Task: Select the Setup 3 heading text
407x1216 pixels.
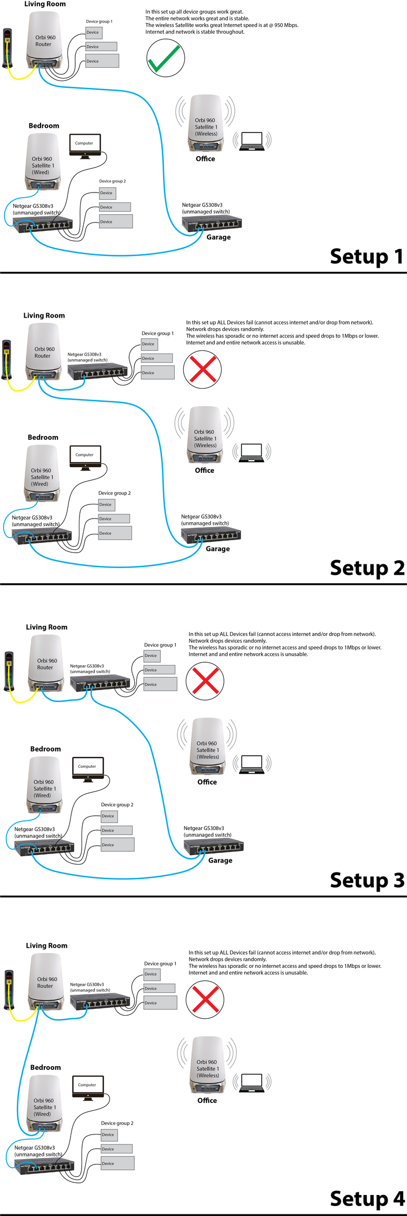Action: (367, 879)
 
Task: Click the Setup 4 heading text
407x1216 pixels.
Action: (367, 1198)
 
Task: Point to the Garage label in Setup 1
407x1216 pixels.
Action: (219, 237)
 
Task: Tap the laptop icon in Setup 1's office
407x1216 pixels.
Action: (252, 141)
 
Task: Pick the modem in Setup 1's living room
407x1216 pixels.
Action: (7, 48)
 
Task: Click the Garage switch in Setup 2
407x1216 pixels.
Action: (211, 535)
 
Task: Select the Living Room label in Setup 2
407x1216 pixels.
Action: (44, 316)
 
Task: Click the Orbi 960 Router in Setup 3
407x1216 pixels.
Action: (46, 663)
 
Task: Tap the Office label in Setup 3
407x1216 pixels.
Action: (207, 782)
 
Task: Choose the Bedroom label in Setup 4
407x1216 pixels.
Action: (45, 1067)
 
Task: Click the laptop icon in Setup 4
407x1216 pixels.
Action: (252, 1083)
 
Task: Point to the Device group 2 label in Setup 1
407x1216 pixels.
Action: (112, 181)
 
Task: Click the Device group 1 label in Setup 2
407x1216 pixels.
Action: (157, 333)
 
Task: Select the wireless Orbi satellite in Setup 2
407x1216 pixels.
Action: (205, 434)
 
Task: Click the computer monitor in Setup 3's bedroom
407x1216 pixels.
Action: (87, 768)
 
